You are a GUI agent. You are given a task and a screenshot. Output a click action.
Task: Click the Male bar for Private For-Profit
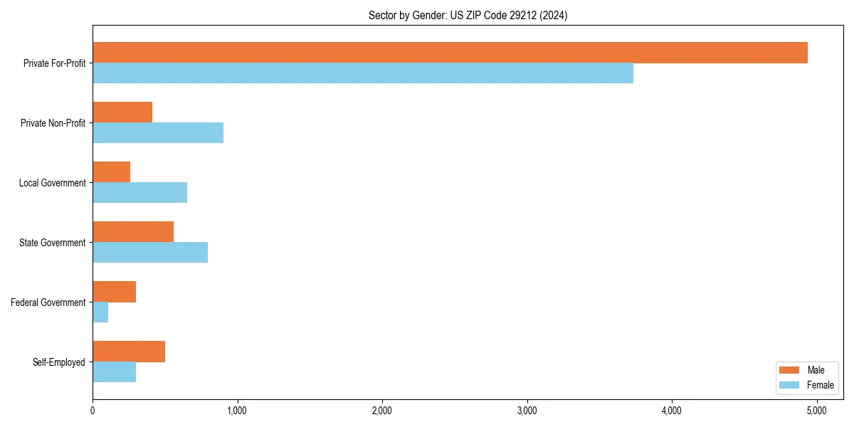pos(450,53)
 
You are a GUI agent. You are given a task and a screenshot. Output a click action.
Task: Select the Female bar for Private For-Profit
pos(363,73)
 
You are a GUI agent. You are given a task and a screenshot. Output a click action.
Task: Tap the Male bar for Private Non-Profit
pos(122,112)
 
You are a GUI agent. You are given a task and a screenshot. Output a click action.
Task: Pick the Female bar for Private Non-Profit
pos(158,133)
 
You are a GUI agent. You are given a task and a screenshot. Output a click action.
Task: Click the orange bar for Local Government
pos(112,172)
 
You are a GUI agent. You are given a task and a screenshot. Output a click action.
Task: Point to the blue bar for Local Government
pos(140,193)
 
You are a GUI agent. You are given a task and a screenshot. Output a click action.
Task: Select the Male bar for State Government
pos(133,232)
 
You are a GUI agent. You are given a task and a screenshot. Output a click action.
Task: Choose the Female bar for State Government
pos(150,253)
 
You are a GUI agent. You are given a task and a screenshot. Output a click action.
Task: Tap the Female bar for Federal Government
pos(100,312)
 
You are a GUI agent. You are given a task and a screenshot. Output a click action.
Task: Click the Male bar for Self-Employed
pos(129,352)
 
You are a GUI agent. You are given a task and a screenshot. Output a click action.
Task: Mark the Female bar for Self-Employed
pos(115,372)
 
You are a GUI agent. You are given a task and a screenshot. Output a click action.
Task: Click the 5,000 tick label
pos(817,411)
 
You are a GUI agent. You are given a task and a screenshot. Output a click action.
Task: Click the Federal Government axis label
pos(48,302)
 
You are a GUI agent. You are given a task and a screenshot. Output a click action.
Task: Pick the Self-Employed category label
pos(59,362)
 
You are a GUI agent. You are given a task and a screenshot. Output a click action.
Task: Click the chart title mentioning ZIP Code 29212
pos(468,15)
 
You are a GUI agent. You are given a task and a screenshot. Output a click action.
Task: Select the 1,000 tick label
pos(238,411)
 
